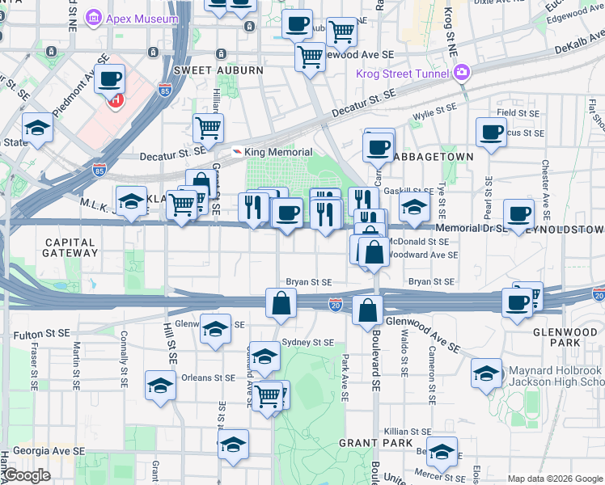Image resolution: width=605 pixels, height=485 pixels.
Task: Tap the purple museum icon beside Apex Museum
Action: tap(94, 17)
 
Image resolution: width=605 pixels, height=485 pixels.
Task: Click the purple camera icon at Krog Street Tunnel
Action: tap(461, 73)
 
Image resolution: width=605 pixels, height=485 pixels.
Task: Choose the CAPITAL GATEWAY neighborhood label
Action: tap(71, 247)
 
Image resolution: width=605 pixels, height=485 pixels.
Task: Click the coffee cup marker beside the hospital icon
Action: tap(109, 79)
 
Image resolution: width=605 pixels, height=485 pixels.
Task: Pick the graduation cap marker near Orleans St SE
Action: tap(160, 386)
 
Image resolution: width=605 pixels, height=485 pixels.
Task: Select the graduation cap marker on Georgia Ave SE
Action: tap(233, 445)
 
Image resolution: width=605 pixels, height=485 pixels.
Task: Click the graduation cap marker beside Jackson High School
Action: tap(486, 373)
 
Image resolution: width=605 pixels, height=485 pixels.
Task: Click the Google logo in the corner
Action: tap(27, 475)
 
